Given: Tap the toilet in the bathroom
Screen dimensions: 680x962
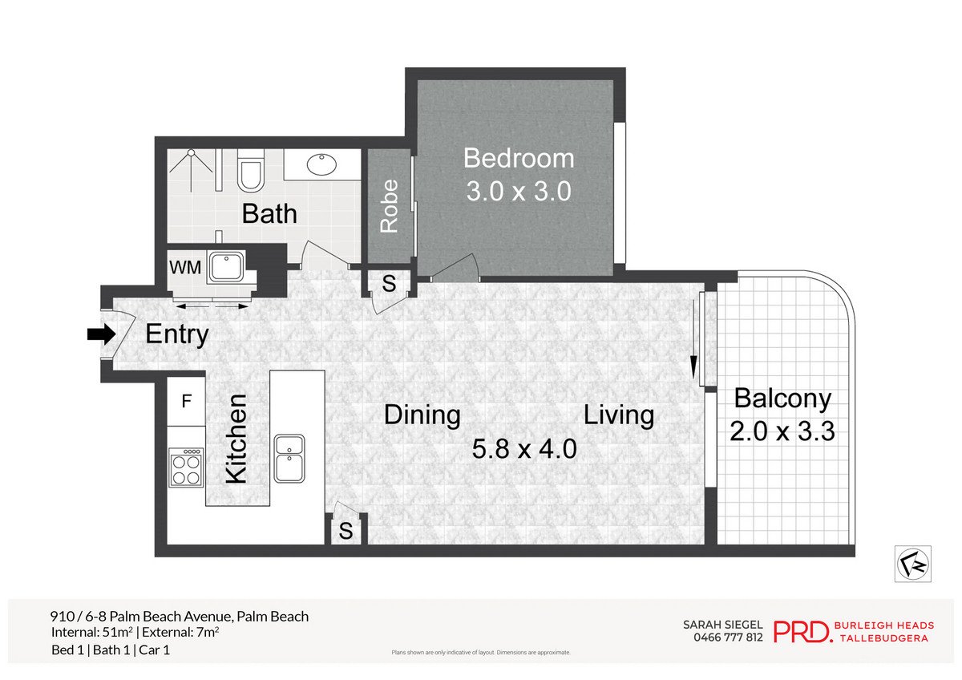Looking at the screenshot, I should click(x=251, y=172).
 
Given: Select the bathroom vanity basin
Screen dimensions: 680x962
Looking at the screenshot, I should click(x=321, y=164).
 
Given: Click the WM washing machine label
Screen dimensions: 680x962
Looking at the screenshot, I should click(x=185, y=266).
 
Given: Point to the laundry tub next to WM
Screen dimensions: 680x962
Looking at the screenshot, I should click(x=228, y=267).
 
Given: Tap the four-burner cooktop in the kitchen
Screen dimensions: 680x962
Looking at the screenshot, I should click(x=186, y=467).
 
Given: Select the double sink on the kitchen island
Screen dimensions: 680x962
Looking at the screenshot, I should click(x=289, y=458).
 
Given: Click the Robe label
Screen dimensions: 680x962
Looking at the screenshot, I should click(x=389, y=206).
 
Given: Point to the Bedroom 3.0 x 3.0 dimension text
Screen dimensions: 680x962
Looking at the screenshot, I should click(x=519, y=192).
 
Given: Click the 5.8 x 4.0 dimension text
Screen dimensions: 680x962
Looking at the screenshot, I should click(x=524, y=448).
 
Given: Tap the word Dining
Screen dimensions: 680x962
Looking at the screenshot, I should click(x=422, y=415).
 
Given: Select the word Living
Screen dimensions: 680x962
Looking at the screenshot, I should click(x=618, y=415).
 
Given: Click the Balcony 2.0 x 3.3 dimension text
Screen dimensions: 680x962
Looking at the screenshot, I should click(x=782, y=431).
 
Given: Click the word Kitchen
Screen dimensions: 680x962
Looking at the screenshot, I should click(x=236, y=438).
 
